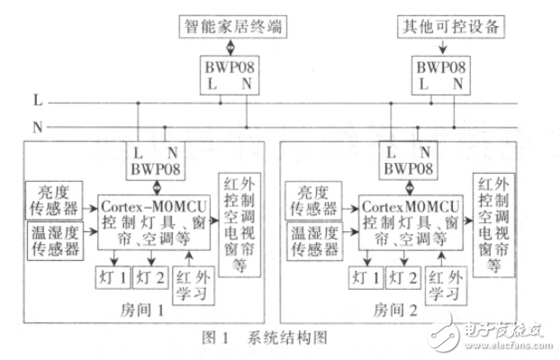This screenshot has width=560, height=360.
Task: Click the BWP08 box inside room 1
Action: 159,159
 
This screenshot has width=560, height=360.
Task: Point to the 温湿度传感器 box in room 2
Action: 311,239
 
